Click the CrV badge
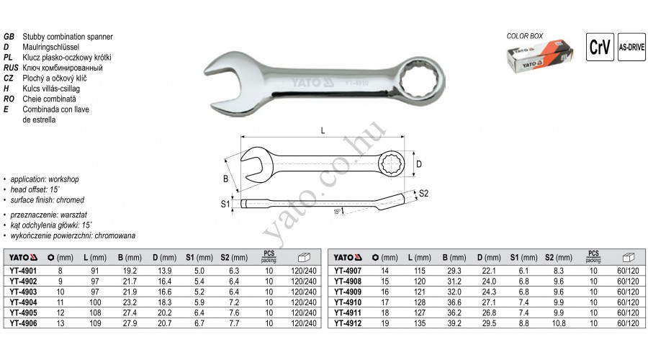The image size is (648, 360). point(600,47)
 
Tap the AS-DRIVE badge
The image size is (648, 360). point(631,47)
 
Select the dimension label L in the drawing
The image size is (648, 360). point(323,130)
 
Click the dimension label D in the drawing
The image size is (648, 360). point(419,164)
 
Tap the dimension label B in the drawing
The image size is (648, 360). point(225,179)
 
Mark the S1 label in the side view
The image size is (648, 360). point(225,204)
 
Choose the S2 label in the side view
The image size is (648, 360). point(423,194)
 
